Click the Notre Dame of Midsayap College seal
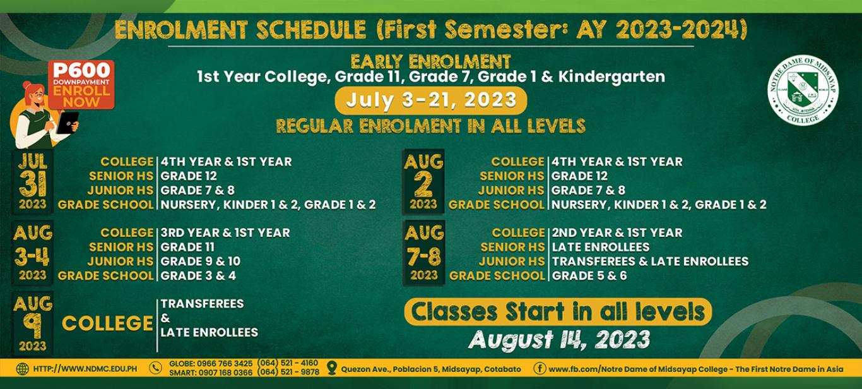(x=803, y=90)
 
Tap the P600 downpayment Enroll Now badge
(x=81, y=85)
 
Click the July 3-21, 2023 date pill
(x=430, y=100)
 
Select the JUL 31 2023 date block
(x=33, y=182)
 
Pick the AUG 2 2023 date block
(x=423, y=182)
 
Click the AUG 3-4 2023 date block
(x=33, y=253)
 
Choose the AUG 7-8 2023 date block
(x=423, y=253)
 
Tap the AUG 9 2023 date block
(x=33, y=323)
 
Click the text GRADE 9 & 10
(x=201, y=261)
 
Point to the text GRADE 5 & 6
(x=589, y=276)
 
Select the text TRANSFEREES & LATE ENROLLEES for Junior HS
(x=651, y=261)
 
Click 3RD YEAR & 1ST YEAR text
(x=225, y=233)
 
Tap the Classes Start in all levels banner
(x=558, y=311)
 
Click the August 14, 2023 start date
(x=559, y=340)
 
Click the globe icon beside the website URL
(x=22, y=369)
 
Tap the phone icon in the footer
(x=155, y=368)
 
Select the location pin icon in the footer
(x=331, y=368)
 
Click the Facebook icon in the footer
(x=540, y=369)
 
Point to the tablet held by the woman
(x=68, y=123)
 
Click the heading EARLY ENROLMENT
(x=430, y=62)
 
